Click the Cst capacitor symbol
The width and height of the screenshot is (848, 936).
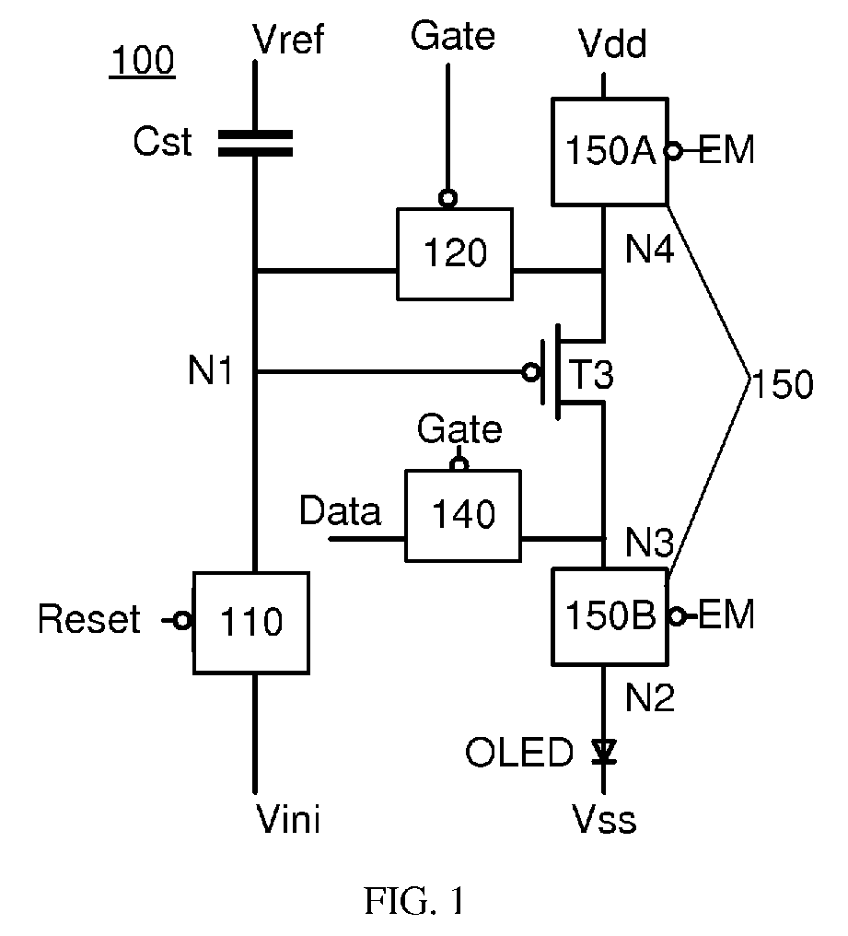click(x=255, y=144)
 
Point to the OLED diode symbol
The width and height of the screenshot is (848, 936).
click(x=604, y=751)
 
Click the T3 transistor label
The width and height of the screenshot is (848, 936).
click(x=592, y=374)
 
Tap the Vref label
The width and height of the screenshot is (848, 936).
click(x=288, y=40)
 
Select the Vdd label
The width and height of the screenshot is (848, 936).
click(x=613, y=43)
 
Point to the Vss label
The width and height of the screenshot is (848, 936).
click(x=604, y=819)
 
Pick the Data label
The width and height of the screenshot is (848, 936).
click(x=340, y=511)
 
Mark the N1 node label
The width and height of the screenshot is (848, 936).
click(x=211, y=370)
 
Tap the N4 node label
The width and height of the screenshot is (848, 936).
click(x=650, y=249)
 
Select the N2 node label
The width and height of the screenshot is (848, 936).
click(x=650, y=696)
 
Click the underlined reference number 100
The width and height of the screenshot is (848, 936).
click(x=143, y=60)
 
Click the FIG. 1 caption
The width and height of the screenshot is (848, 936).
click(x=414, y=901)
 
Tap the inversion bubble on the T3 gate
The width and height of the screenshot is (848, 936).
click(x=530, y=373)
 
